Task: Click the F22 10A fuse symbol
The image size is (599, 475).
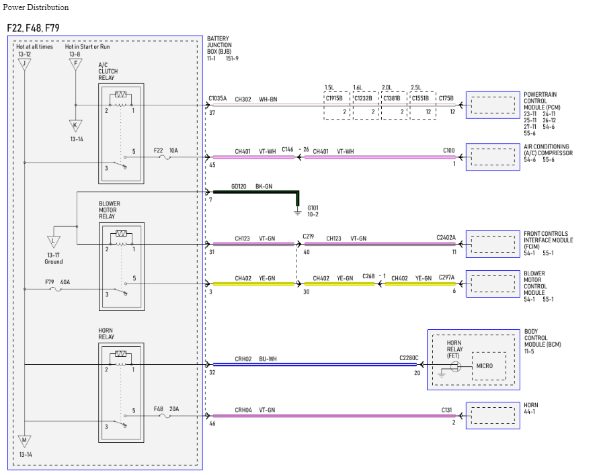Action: coord(165,157)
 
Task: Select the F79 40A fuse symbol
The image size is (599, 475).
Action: coord(56,289)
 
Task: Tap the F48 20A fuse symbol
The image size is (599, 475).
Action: coord(165,416)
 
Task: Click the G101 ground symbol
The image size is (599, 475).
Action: coord(298,212)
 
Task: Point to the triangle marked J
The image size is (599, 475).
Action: coord(24,64)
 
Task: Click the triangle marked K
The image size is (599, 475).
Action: coord(76,126)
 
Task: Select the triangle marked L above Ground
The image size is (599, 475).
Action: coord(54,242)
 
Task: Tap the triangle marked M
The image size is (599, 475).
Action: coord(24,441)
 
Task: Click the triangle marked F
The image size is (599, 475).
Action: coord(76,64)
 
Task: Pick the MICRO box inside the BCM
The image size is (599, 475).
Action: coord(489,366)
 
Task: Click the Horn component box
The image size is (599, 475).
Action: coord(493,415)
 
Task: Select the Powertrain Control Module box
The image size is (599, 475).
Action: coord(493,105)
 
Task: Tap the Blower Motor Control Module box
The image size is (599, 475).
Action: coord(493,284)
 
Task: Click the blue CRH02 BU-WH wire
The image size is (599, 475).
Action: coord(315,364)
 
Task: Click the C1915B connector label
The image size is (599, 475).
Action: coord(334,98)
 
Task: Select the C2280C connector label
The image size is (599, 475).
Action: coord(409,358)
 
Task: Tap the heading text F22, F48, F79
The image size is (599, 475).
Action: coord(33,28)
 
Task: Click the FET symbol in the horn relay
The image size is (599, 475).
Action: coord(454,367)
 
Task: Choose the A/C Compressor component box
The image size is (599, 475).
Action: coord(493,157)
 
